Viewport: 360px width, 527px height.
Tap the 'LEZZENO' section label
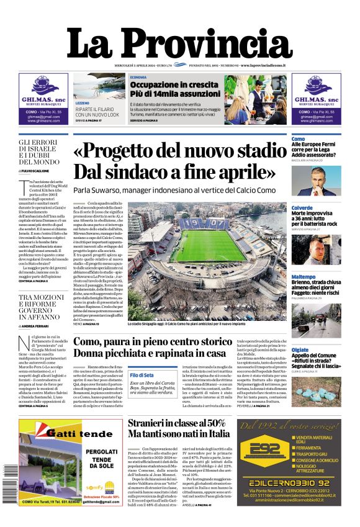pos(83,103)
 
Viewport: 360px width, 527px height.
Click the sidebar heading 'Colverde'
pos(302,208)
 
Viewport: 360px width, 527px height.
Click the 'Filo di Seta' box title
pos(142,376)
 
